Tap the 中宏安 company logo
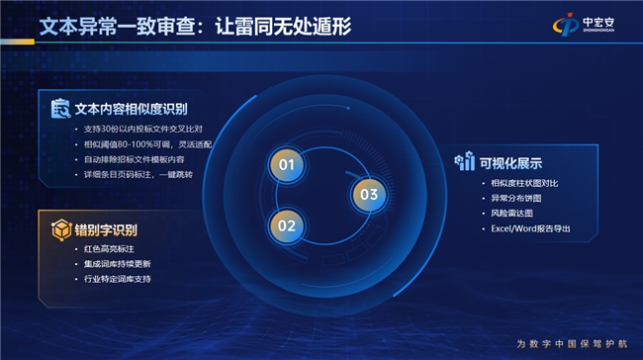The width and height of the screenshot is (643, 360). click(x=584, y=24)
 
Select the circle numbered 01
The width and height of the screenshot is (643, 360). click(x=287, y=165)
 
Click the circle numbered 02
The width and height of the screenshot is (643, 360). click(x=287, y=225)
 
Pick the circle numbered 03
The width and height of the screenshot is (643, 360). click(x=369, y=195)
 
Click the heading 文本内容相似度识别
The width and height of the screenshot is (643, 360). click(x=132, y=109)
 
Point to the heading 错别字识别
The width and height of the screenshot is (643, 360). click(x=106, y=230)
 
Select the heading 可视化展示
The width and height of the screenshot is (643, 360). click(x=510, y=163)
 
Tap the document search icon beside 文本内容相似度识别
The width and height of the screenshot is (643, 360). click(x=60, y=109)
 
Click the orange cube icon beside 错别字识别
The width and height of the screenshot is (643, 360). click(x=61, y=229)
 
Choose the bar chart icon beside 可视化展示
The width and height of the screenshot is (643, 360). click(x=465, y=161)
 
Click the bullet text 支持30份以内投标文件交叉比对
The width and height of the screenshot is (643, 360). click(x=143, y=130)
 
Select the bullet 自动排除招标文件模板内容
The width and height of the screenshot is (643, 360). click(x=135, y=159)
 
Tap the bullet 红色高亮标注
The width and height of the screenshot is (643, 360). click(x=109, y=249)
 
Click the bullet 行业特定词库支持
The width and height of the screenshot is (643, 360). click(x=118, y=279)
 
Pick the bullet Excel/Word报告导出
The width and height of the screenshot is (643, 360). click(x=530, y=228)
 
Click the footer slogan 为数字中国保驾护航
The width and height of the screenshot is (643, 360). click(x=572, y=343)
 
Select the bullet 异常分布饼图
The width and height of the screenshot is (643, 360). click(x=516, y=199)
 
